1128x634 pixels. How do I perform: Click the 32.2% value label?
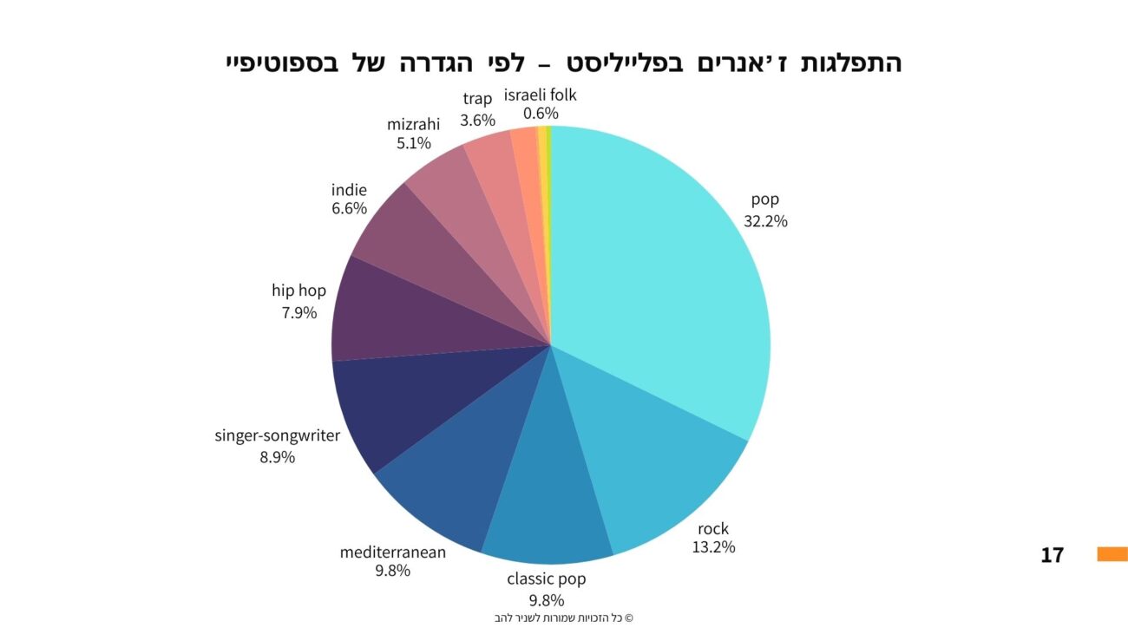pyautogui.click(x=765, y=221)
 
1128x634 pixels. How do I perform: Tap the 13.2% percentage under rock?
pyautogui.click(x=713, y=547)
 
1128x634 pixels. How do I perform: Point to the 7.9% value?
pyautogui.click(x=298, y=312)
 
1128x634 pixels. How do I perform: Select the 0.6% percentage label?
pyautogui.click(x=541, y=114)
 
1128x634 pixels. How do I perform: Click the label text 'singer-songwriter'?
pyautogui.click(x=277, y=435)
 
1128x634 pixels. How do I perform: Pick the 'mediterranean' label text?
pyautogui.click(x=392, y=552)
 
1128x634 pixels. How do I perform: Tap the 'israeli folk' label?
pyautogui.click(x=540, y=95)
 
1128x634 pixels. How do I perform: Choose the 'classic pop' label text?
pyautogui.click(x=546, y=578)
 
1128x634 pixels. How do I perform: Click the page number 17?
pyautogui.click(x=1052, y=555)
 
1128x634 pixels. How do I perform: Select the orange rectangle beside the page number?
pyautogui.click(x=1112, y=554)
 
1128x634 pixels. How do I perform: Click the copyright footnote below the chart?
pyautogui.click(x=563, y=618)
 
